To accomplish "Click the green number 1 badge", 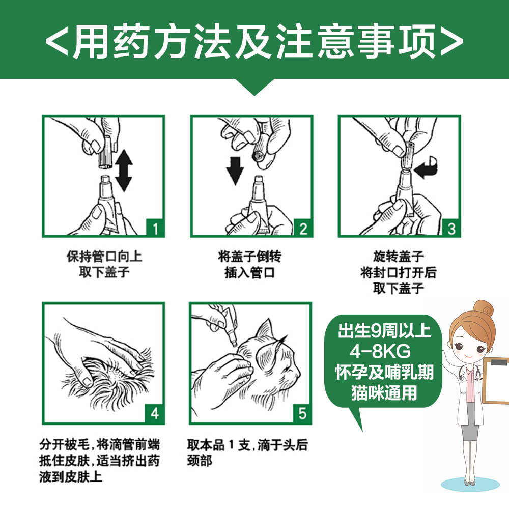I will pyautogui.click(x=156, y=228).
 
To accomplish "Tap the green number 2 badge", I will pyautogui.click(x=303, y=228).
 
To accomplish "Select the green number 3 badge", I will pyautogui.click(x=451, y=228).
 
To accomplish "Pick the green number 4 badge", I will pyautogui.click(x=155, y=413).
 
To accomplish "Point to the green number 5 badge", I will pyautogui.click(x=303, y=413).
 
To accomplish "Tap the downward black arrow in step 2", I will pyautogui.click(x=235, y=170).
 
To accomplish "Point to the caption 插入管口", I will pyautogui.click(x=249, y=273).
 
